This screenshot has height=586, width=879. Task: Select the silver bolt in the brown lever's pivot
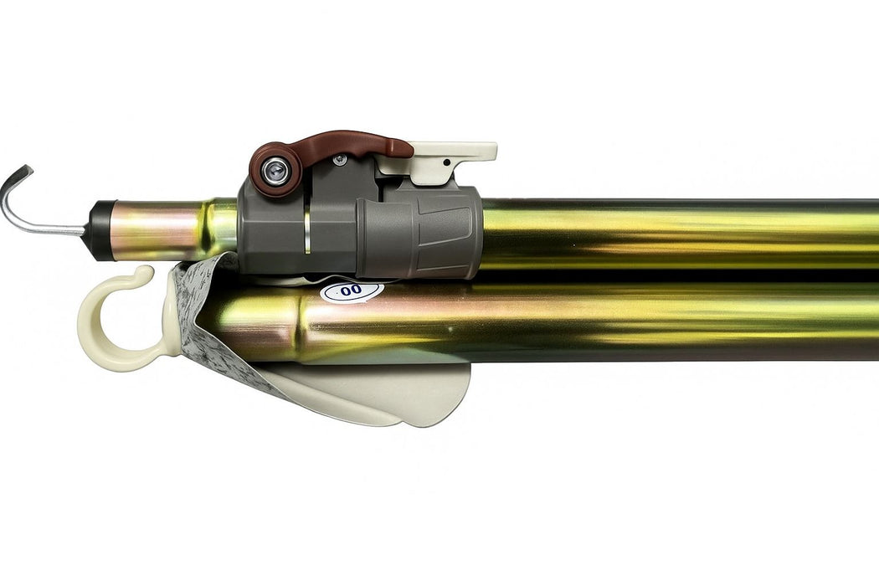pyautogui.click(x=275, y=170)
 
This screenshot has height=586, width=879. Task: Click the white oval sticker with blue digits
pyautogui.click(x=352, y=291)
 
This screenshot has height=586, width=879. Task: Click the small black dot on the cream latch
pyautogui.click(x=446, y=162)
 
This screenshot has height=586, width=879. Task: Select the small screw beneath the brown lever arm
pyautogui.click(x=338, y=161)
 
